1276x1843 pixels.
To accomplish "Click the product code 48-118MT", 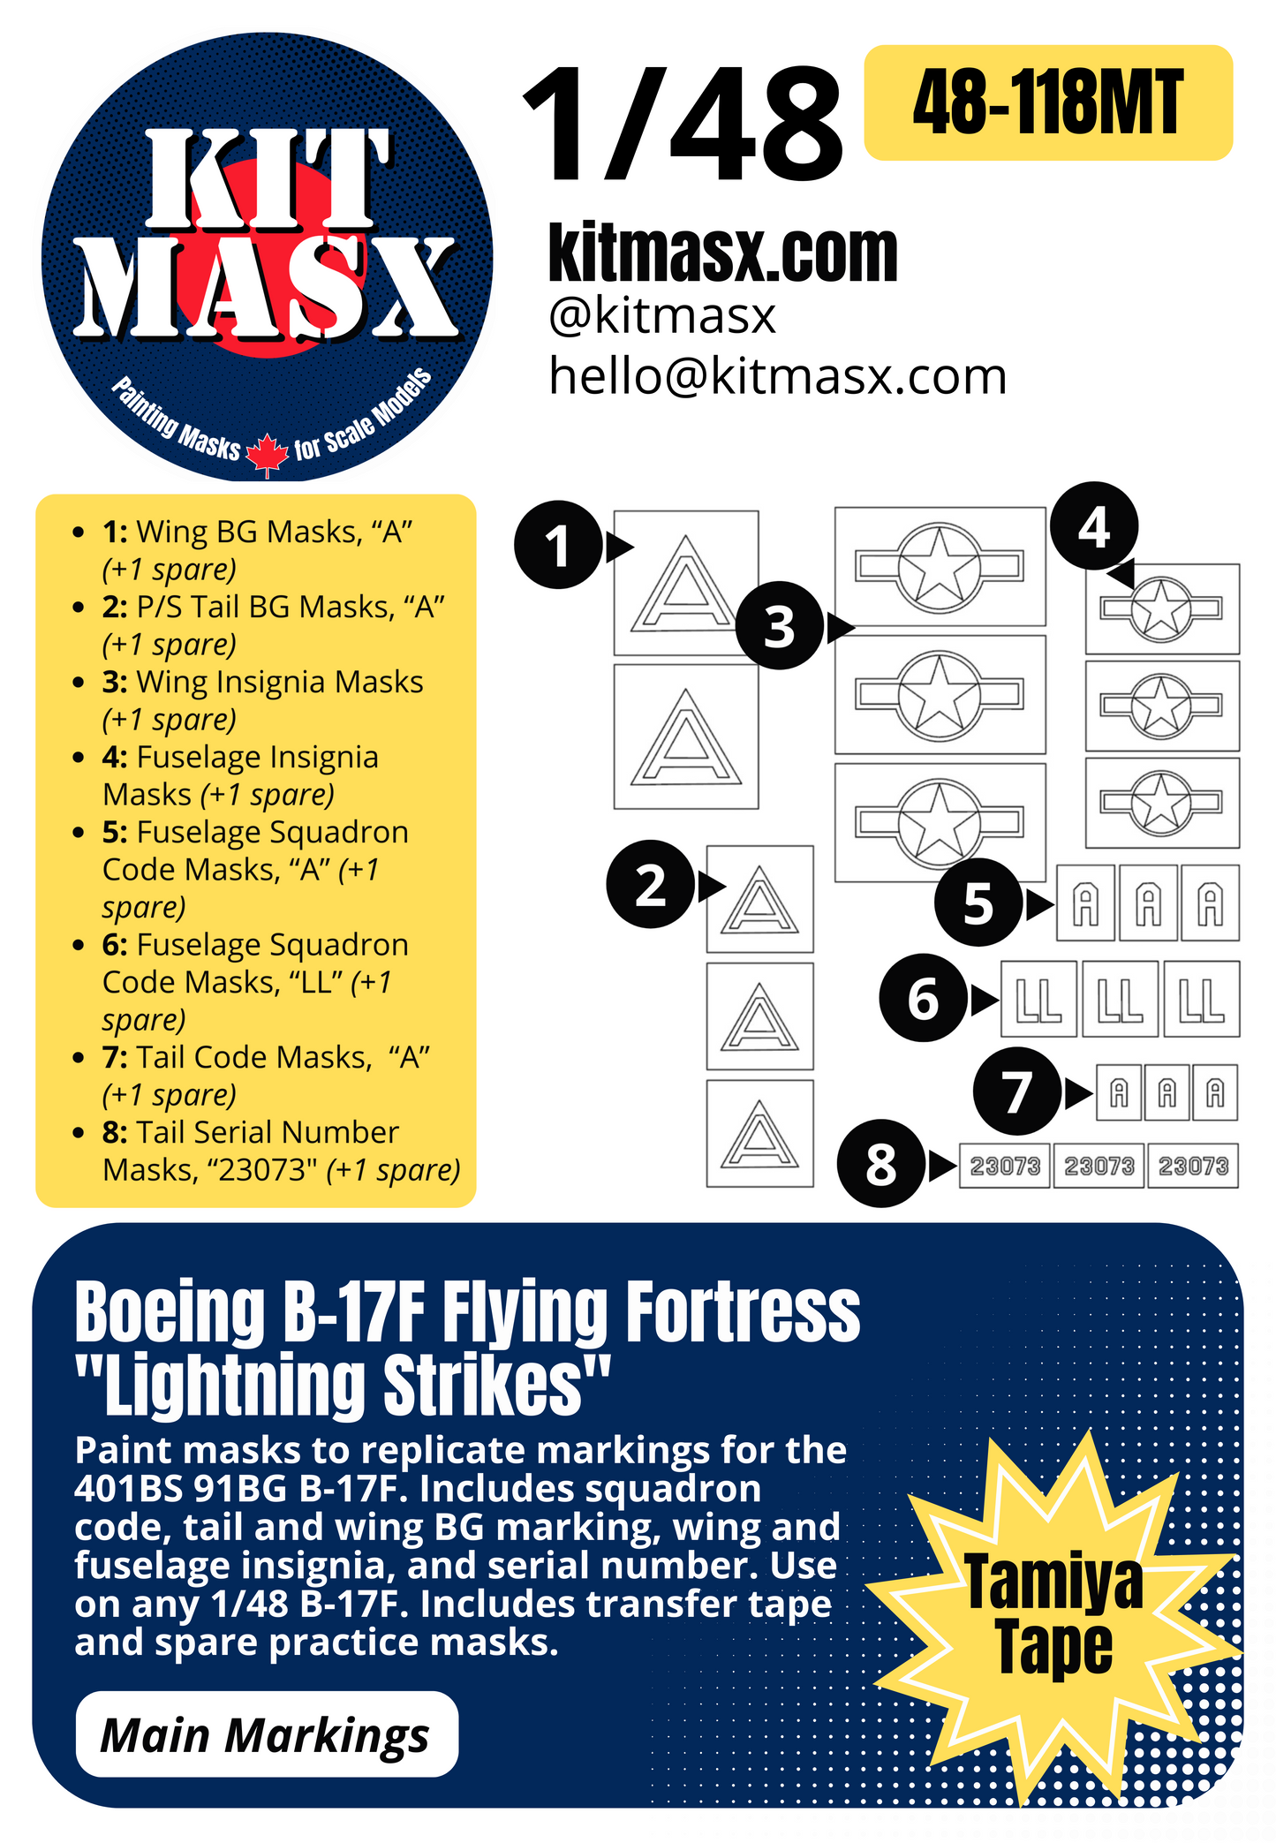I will click(x=1047, y=103).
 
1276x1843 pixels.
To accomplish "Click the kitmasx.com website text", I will click(x=722, y=253).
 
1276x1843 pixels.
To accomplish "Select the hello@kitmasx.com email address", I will click(x=777, y=376).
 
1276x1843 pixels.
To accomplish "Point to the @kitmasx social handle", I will click(x=662, y=315).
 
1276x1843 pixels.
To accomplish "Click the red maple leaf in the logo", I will click(x=267, y=454).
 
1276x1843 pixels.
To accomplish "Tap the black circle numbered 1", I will click(x=558, y=545).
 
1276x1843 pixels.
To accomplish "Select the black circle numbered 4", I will click(x=1094, y=527).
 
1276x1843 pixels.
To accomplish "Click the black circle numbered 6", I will click(x=923, y=999).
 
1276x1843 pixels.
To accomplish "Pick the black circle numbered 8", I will click(x=880, y=1164).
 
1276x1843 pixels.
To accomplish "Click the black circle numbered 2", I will click(x=650, y=884).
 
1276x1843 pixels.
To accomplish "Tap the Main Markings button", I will click(x=266, y=1734).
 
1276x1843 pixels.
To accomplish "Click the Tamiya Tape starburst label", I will click(x=1053, y=1614).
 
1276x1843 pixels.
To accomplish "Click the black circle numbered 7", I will click(x=1016, y=1092).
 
